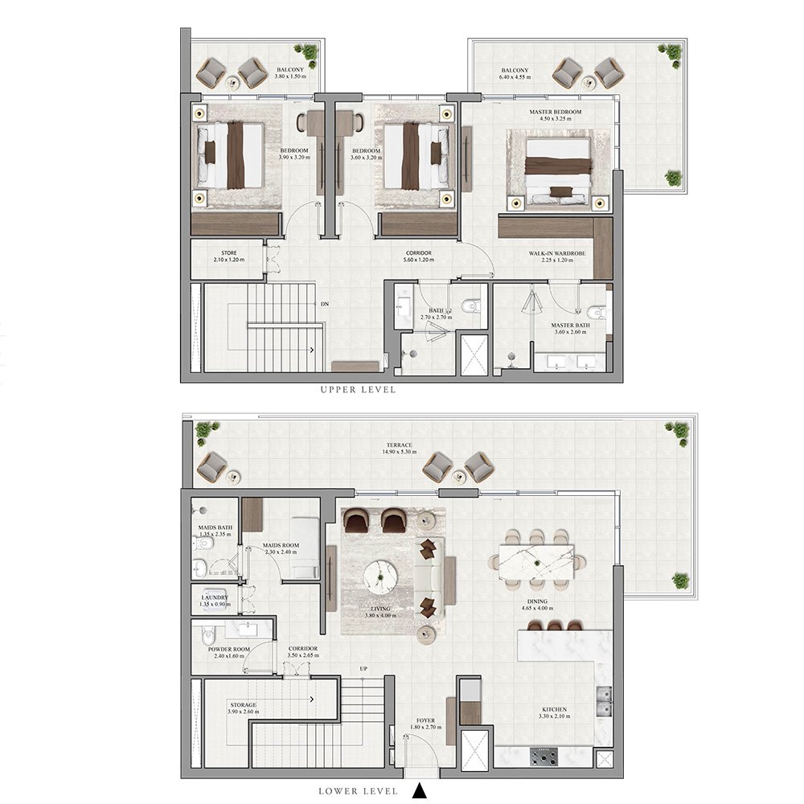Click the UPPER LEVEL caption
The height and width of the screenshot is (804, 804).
359,389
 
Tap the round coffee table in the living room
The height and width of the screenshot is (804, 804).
379,576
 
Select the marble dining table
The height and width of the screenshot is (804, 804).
536,562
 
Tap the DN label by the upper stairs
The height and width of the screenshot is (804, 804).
324,305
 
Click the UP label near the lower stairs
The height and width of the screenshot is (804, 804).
364,668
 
